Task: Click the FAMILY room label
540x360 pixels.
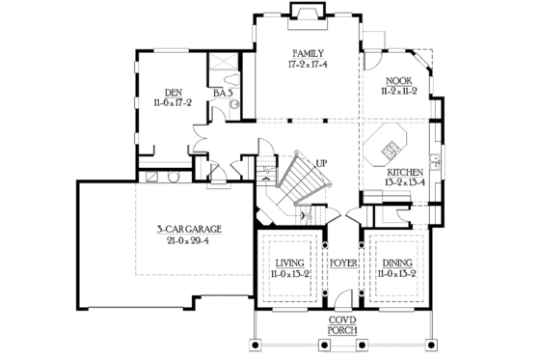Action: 309,54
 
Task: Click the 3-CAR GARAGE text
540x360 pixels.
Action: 190,229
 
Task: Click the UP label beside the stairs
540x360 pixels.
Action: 320,163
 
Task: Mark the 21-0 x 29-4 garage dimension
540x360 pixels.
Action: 190,241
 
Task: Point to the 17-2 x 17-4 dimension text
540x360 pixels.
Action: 309,66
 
